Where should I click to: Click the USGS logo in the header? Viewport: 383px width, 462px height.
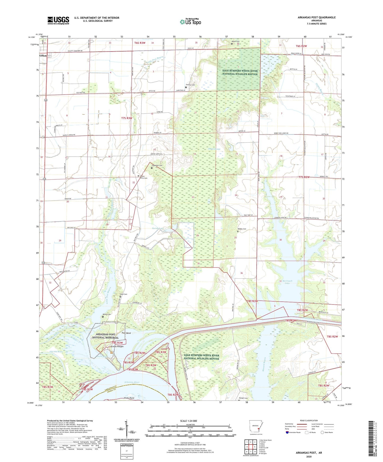click(58, 20)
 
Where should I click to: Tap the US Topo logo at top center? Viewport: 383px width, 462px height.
click(190, 22)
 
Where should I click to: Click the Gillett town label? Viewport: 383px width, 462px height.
click(43, 56)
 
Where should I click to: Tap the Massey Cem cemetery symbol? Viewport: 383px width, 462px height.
click(237, 232)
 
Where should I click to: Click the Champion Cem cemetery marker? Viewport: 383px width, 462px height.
click(152, 168)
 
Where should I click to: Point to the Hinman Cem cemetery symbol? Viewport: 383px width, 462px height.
click(186, 87)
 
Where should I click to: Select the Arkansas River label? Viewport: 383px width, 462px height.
click(132, 382)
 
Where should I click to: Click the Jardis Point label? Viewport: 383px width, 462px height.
click(129, 398)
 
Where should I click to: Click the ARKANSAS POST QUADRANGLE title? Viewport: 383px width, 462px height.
click(316, 17)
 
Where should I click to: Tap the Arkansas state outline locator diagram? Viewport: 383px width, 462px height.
click(256, 429)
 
